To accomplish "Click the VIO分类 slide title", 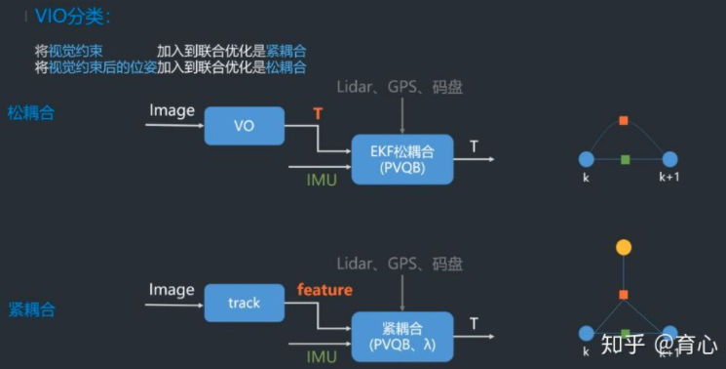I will (73, 16).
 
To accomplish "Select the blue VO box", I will (244, 126).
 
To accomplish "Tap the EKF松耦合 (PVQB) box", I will (401, 159).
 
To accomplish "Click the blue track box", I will (244, 303).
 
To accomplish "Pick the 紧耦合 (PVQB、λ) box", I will (401, 336).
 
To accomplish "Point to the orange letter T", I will (318, 115).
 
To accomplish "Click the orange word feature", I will (325, 290).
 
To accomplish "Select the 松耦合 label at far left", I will (30, 113).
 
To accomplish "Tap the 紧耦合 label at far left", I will (30, 309).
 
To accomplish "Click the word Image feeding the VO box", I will (172, 110).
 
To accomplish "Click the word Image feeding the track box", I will (172, 289).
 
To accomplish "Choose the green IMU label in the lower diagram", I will (322, 356).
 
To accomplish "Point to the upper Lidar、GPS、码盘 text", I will (399, 87).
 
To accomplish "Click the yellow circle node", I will (624, 247).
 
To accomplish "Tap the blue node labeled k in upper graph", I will (586, 159).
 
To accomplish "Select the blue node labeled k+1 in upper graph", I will (669, 159).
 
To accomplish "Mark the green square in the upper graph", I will (625, 159).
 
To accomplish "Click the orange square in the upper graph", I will (624, 120).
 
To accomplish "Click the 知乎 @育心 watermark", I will (659, 344).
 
